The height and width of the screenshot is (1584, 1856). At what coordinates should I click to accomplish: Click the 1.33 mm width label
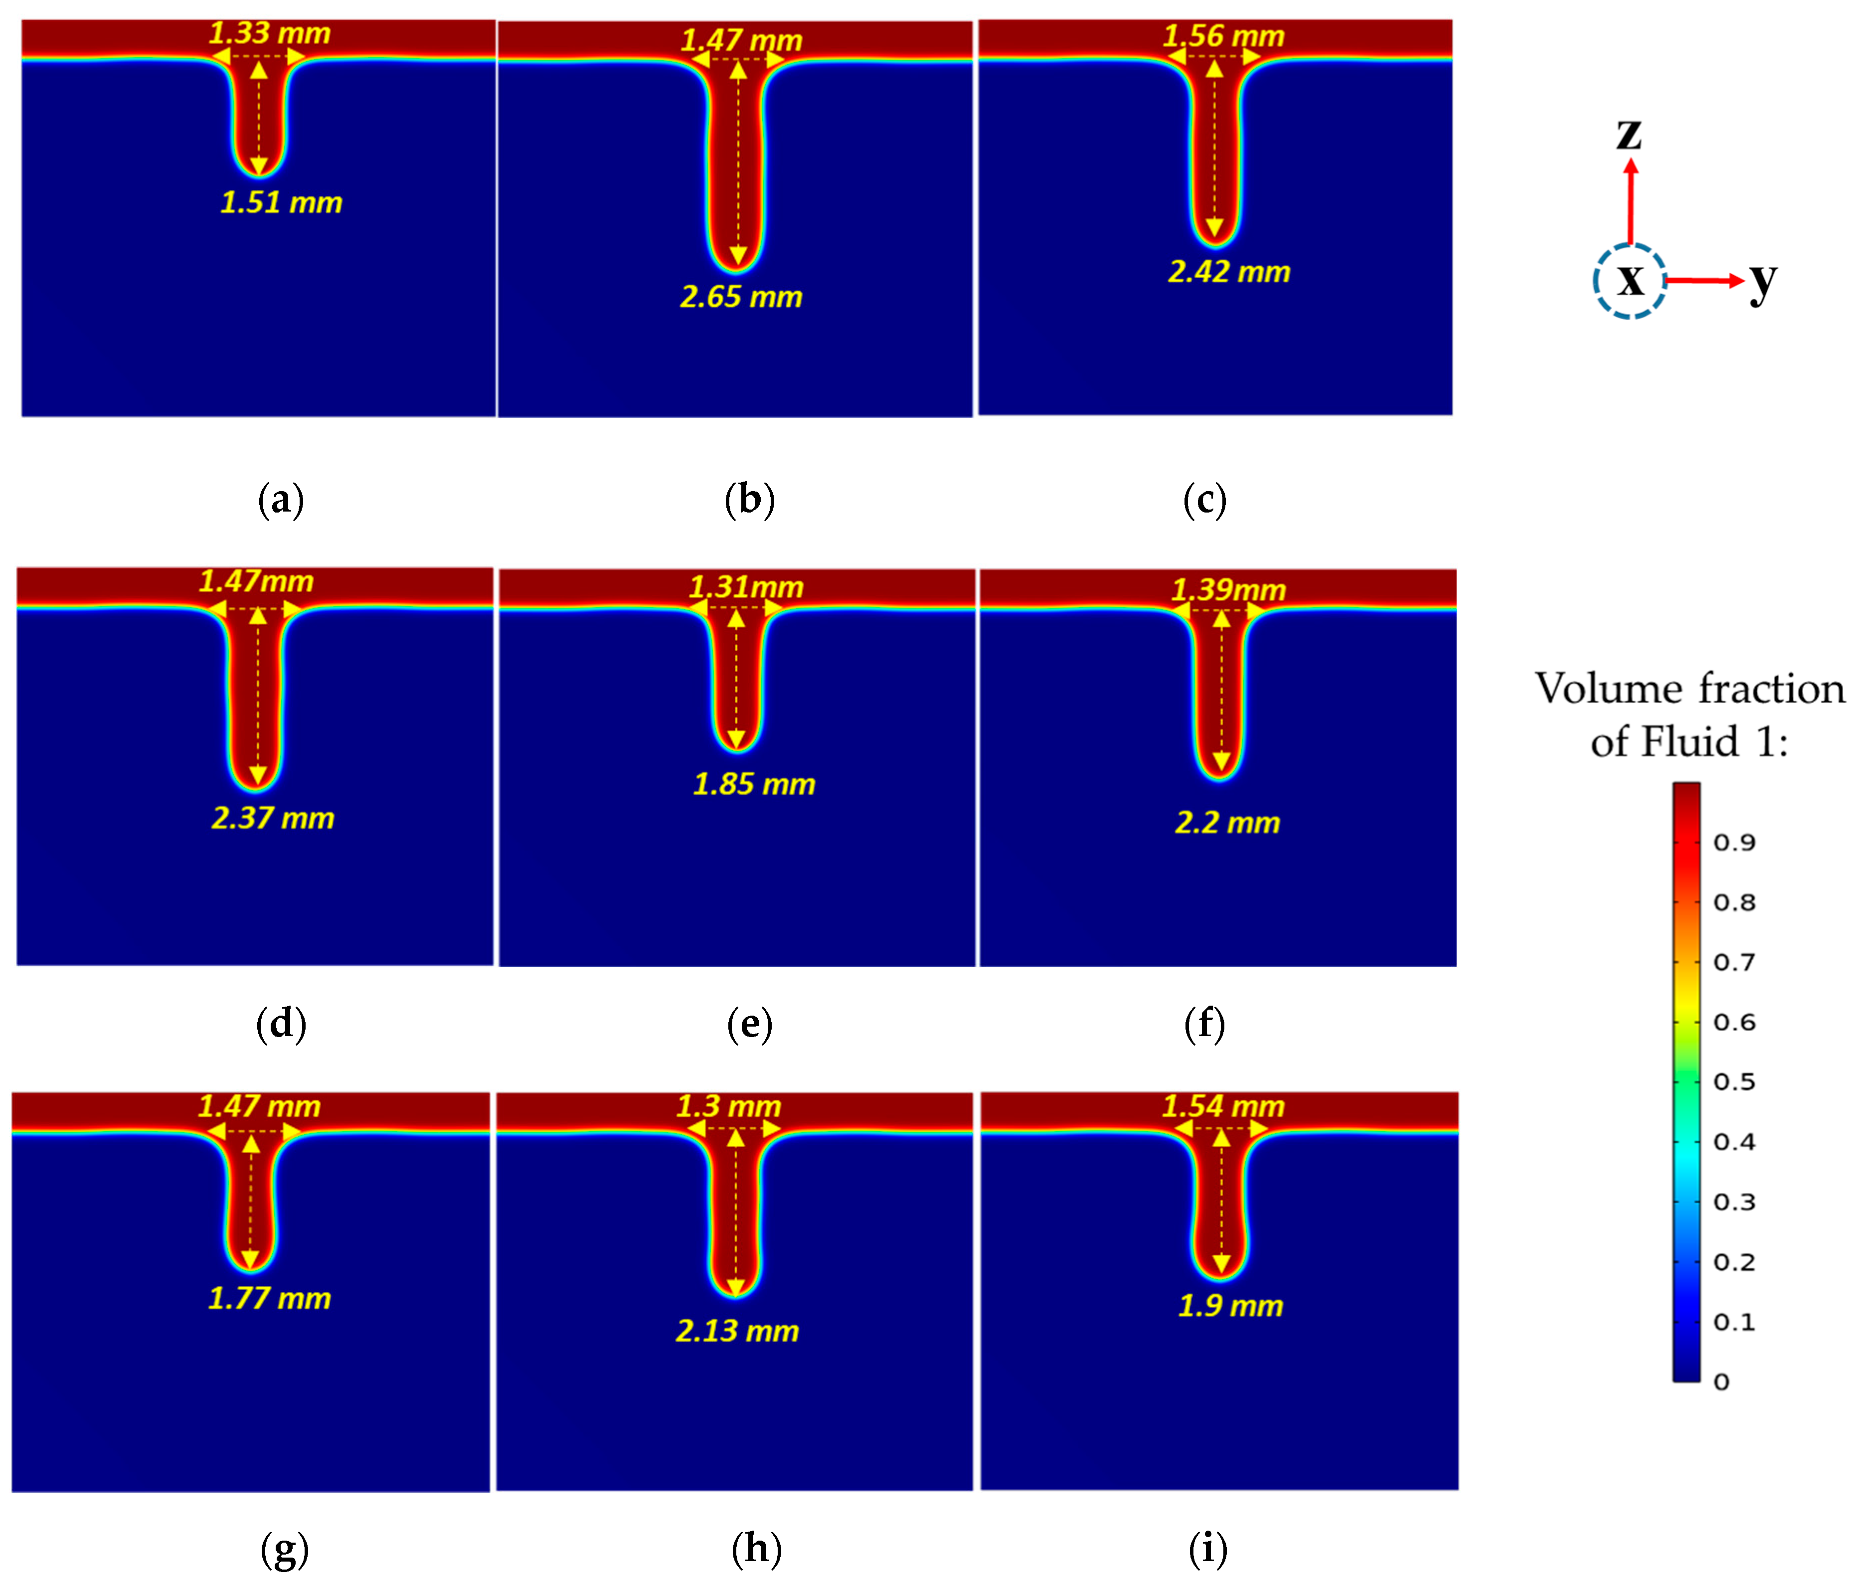(270, 33)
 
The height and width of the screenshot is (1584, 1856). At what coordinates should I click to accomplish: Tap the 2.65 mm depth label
(741, 297)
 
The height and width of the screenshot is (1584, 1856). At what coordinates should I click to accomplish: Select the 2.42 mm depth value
(1229, 271)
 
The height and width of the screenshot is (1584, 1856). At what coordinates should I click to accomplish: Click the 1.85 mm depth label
(754, 784)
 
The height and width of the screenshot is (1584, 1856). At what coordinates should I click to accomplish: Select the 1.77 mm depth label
(270, 1298)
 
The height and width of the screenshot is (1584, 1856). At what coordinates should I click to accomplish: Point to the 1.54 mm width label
(1223, 1105)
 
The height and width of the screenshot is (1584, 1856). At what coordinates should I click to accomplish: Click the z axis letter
(1629, 135)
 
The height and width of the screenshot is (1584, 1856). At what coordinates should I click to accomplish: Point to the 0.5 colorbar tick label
(1734, 1081)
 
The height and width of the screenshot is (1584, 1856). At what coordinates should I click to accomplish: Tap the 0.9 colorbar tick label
(1734, 842)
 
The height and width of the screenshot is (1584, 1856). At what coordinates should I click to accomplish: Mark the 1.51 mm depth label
(281, 202)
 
